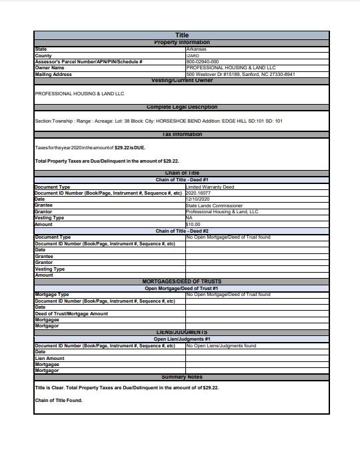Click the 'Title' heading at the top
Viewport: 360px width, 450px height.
click(x=181, y=35)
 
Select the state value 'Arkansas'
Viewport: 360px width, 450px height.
click(x=197, y=49)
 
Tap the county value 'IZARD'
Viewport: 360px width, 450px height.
click(x=193, y=55)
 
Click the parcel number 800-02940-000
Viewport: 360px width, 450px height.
click(x=203, y=61)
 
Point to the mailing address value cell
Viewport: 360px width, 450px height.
click(x=240, y=74)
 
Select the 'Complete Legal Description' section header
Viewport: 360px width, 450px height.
click(x=181, y=107)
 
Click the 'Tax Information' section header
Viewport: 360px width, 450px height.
click(x=181, y=135)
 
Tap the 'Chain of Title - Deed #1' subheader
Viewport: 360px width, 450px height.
click(x=182, y=180)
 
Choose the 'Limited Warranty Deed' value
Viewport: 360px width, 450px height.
click(x=210, y=187)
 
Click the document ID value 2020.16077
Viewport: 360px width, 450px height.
click(x=198, y=193)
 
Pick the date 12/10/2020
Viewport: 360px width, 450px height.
click(x=198, y=199)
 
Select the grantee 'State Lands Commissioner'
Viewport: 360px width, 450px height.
click(x=214, y=206)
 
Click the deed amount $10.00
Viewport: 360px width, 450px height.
click(x=193, y=225)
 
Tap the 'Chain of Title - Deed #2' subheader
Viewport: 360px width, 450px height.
click(x=182, y=231)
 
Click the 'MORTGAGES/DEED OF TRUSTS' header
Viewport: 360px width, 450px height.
click(x=181, y=281)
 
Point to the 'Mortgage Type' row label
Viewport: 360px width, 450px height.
click(x=51, y=294)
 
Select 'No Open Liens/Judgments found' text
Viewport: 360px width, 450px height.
click(x=221, y=345)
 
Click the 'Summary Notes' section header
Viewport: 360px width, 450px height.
click(x=181, y=377)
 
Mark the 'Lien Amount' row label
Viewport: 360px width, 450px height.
click(x=49, y=358)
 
